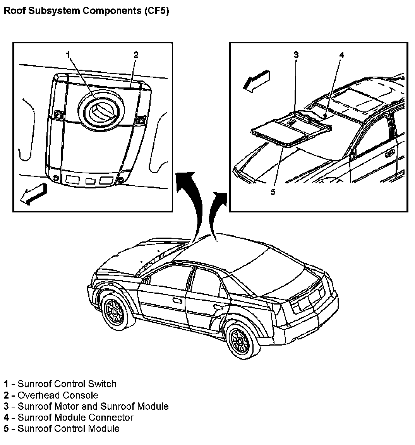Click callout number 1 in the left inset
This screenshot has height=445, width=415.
click(x=68, y=55)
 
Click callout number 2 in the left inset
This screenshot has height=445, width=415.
click(x=136, y=55)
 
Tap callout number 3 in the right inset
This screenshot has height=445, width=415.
click(x=296, y=55)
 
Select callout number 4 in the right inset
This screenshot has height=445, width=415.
click(x=341, y=55)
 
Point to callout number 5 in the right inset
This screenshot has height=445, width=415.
click(x=273, y=192)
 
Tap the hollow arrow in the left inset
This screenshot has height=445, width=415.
click(x=33, y=194)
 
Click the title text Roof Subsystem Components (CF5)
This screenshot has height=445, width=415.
click(x=86, y=11)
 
